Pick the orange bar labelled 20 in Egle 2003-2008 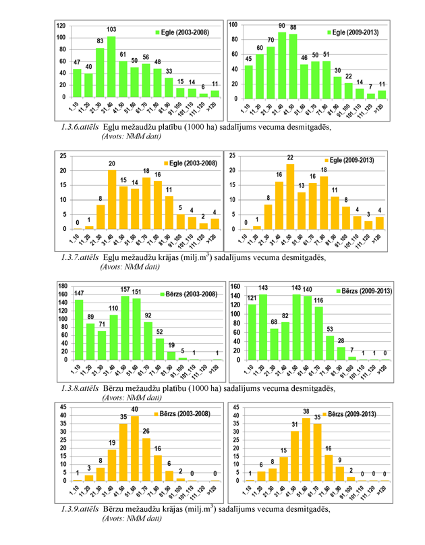pos(112,199)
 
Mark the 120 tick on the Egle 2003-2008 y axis pos(61,26)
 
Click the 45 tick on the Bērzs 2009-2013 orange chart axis pos(232,408)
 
